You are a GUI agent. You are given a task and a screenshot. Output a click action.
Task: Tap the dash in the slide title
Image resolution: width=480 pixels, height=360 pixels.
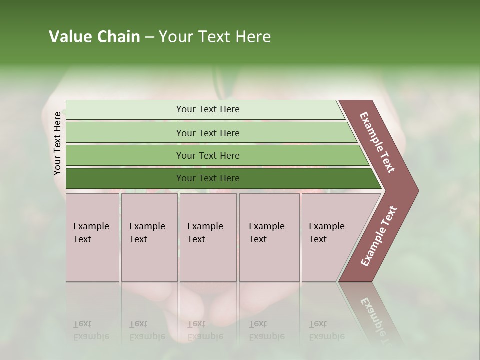pyautogui.click(x=149, y=37)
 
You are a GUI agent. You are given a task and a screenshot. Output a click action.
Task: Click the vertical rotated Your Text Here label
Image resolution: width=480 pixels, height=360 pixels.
pyautogui.click(x=57, y=143)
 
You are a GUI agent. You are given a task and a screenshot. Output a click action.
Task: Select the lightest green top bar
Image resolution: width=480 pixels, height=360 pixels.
pyautogui.click(x=208, y=109)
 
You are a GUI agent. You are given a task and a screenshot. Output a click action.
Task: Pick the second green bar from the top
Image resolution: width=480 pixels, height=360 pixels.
pyautogui.click(x=208, y=133)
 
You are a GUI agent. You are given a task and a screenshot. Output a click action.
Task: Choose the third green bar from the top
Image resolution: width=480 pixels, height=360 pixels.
pyautogui.click(x=208, y=155)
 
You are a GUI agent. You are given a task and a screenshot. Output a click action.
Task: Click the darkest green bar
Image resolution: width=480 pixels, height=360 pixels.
pyautogui.click(x=208, y=178)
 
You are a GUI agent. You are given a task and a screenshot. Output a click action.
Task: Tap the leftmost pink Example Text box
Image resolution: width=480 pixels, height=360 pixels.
pyautogui.click(x=92, y=237)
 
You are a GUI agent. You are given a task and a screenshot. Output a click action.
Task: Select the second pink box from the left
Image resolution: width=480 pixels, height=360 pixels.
pyautogui.click(x=149, y=237)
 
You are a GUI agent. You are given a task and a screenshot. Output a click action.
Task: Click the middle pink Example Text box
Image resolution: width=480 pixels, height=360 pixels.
pyautogui.click(x=208, y=237)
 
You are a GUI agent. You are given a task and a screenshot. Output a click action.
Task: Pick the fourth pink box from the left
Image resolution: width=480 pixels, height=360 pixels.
pyautogui.click(x=269, y=237)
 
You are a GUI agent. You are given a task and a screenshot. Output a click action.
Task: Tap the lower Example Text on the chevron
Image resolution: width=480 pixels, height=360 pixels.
pyautogui.click(x=378, y=236)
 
